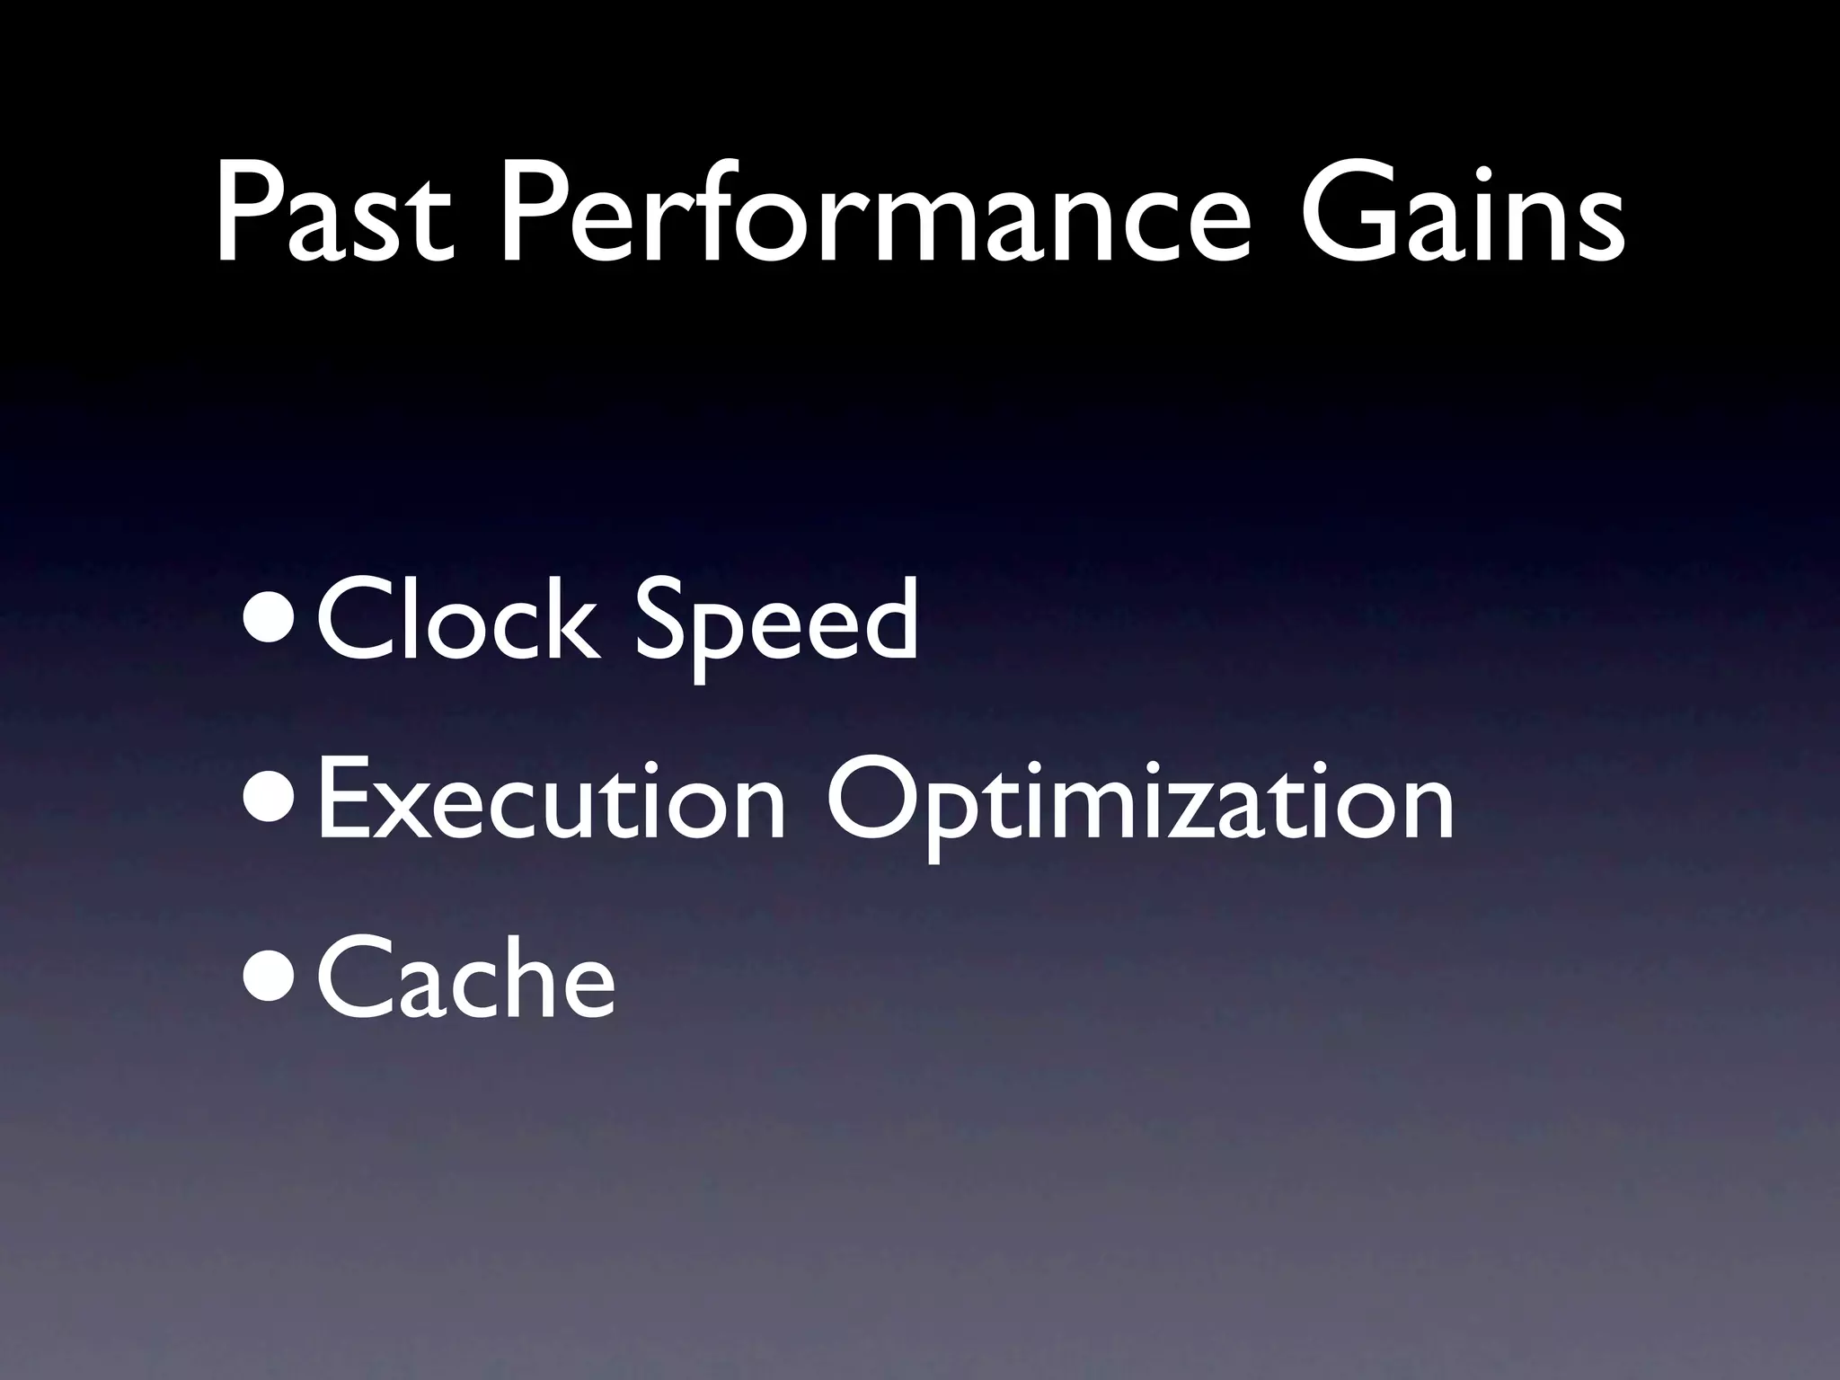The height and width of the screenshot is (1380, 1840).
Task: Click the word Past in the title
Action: pos(333,217)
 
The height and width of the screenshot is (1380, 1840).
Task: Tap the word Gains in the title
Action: pos(1463,217)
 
